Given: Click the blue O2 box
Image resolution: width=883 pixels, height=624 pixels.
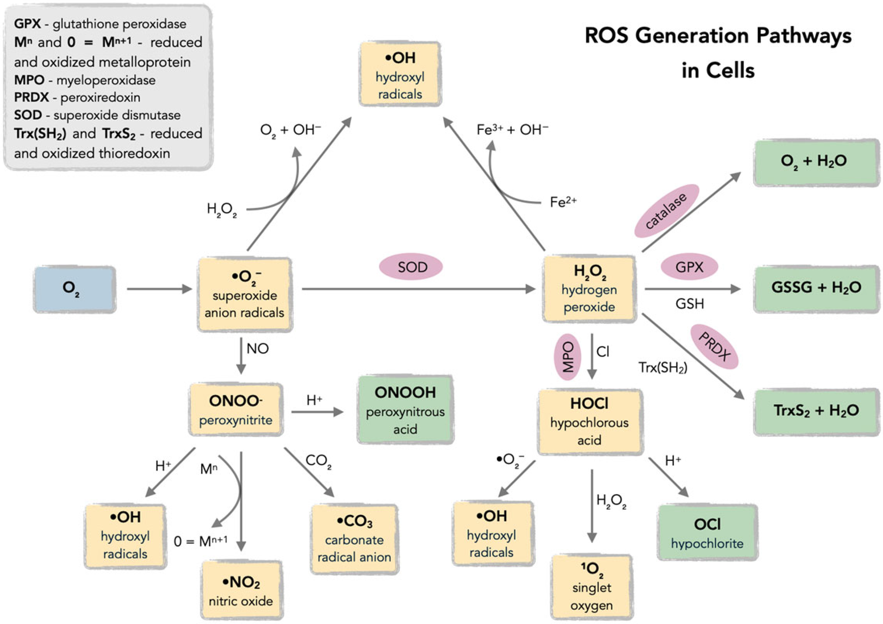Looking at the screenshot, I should coord(74,289).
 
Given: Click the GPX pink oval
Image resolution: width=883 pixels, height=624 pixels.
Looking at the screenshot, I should coord(689,267).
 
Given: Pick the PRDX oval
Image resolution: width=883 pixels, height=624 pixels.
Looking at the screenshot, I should coord(714,347).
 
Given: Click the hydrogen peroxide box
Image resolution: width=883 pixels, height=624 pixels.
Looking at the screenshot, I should coord(589,289).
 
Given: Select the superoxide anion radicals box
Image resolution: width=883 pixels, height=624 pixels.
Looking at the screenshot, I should coord(245,294).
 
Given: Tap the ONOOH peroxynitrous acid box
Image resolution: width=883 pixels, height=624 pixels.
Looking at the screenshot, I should coord(405,410).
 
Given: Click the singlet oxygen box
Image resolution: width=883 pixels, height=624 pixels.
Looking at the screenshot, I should coord(592,587).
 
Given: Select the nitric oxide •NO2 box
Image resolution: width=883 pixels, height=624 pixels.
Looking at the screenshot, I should coord(241,590).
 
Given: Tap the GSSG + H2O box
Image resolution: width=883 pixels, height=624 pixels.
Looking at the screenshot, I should coord(816,288).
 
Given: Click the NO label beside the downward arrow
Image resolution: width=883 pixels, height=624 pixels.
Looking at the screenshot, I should coord(257,348).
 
